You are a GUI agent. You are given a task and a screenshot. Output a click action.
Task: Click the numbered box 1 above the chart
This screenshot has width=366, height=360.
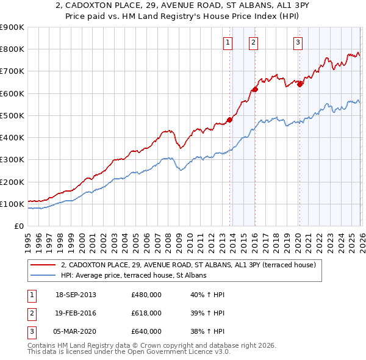(x=228, y=42)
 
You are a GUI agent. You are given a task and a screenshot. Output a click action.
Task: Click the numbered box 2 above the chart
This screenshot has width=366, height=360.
(x=253, y=42)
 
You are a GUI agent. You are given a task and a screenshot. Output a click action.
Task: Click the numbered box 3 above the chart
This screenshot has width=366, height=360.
(x=298, y=42)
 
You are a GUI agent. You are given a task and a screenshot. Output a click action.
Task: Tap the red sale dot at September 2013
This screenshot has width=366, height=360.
(x=230, y=120)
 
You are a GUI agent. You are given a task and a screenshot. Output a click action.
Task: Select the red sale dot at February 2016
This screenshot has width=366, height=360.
(x=255, y=89)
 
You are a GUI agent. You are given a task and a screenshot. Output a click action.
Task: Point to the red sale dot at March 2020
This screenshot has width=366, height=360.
(x=300, y=84)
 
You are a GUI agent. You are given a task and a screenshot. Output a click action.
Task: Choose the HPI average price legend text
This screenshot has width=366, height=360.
(x=134, y=275)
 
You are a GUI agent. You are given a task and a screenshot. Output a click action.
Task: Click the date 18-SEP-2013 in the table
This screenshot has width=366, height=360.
(x=75, y=295)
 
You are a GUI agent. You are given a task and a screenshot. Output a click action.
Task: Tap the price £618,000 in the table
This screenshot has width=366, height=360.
(x=146, y=313)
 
